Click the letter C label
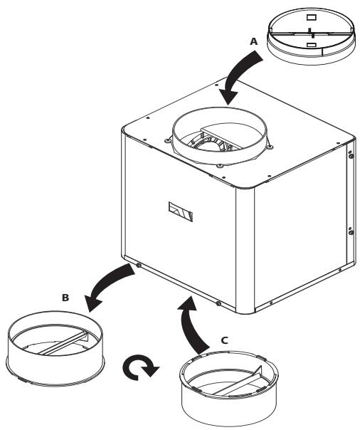(225, 340)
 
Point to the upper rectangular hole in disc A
(309, 16)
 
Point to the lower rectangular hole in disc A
(310, 44)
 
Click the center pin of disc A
(310, 30)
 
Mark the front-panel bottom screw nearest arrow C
(218, 304)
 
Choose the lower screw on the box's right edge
(350, 231)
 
